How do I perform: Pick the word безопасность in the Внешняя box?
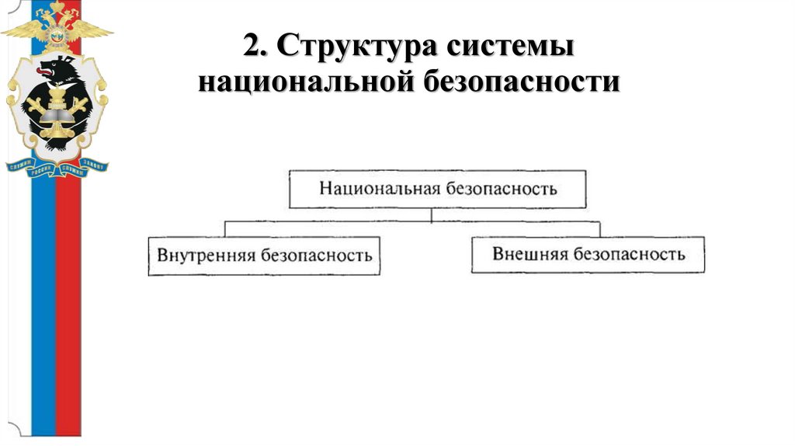(630, 254)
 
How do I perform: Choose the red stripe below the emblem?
(68, 311)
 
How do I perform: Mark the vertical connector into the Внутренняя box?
(225, 228)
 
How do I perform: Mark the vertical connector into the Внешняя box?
(599, 228)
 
